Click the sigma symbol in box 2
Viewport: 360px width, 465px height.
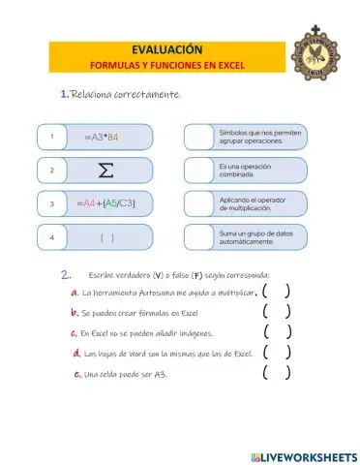(x=107, y=170)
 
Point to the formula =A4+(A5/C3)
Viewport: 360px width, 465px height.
(x=105, y=204)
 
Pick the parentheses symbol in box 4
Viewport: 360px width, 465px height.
(x=107, y=236)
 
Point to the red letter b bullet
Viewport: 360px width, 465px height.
(x=74, y=313)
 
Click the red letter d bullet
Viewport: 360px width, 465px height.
(x=76, y=354)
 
